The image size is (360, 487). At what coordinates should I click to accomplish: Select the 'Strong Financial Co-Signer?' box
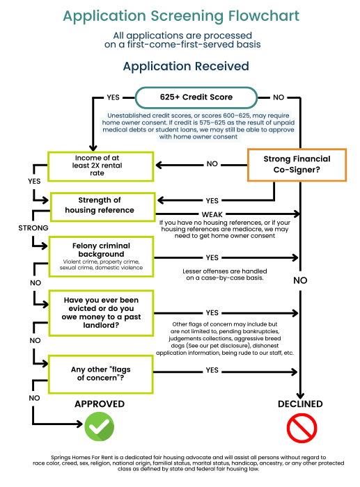pos(297,164)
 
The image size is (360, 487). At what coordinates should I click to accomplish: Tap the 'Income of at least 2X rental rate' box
pos(100,166)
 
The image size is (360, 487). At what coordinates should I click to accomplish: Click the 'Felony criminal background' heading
pos(102,250)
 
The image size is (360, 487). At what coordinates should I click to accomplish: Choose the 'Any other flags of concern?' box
pos(101,374)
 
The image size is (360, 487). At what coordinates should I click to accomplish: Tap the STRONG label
pos(33,228)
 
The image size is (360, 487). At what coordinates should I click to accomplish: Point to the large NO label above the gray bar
pos(300,280)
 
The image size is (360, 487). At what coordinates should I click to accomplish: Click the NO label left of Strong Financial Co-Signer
pos(212,164)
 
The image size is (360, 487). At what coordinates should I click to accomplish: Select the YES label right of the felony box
pos(212,257)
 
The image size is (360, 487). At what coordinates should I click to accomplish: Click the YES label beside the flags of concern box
pos(212,371)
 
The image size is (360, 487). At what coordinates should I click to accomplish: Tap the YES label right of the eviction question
pos(212,312)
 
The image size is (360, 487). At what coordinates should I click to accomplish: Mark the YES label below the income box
pos(33,180)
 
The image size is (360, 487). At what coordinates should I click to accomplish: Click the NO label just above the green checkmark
pos(33,397)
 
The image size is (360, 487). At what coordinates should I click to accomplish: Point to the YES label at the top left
pos(112,97)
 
